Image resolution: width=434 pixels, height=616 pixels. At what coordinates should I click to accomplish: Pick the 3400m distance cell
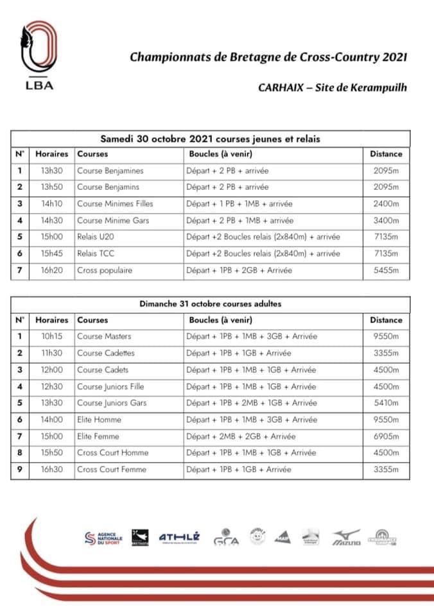pyautogui.click(x=386, y=221)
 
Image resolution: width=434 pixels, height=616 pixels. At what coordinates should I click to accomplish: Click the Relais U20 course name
pyautogui.click(x=96, y=237)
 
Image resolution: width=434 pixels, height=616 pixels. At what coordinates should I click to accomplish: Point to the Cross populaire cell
pyautogui.click(x=105, y=271)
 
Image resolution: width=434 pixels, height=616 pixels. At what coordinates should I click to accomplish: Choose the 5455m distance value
pyautogui.click(x=386, y=271)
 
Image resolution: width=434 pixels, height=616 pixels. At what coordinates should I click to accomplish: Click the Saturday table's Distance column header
pyautogui.click(x=386, y=154)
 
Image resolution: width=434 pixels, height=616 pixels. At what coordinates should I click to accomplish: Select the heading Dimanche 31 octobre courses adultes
pyautogui.click(x=211, y=304)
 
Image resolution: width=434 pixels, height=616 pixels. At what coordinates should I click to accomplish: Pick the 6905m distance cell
pyautogui.click(x=386, y=436)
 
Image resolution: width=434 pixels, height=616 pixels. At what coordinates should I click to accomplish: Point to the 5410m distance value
pyautogui.click(x=386, y=403)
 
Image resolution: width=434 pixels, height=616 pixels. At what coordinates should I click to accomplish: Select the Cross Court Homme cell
pyautogui.click(x=112, y=453)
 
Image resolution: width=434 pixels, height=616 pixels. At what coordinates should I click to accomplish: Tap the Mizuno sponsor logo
pyautogui.click(x=346, y=538)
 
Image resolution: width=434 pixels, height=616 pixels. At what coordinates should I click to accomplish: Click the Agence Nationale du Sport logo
pyautogui.click(x=103, y=538)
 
